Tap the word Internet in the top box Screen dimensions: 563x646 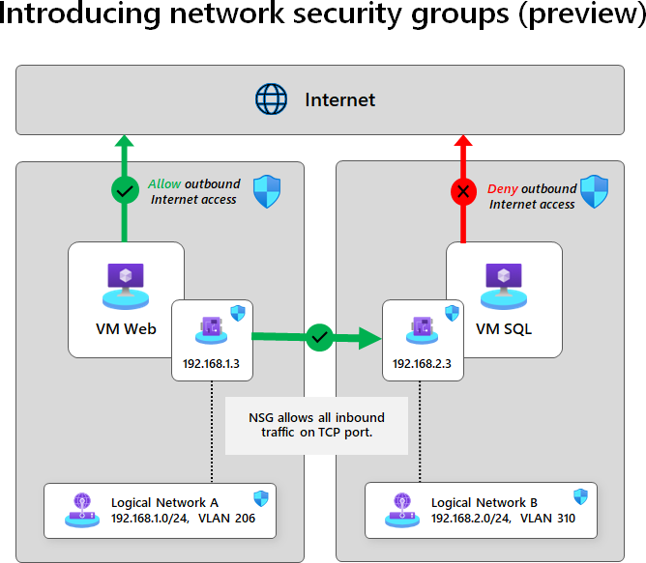click(x=339, y=99)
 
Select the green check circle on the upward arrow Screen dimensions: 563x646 click(x=124, y=190)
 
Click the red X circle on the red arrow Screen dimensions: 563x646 click(x=462, y=191)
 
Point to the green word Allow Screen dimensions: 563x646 click(x=164, y=183)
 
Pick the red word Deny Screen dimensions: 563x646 click(x=503, y=188)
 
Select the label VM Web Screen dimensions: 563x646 click(x=126, y=328)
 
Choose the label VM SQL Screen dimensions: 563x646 click(x=504, y=328)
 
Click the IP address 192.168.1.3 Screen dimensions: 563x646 click(x=211, y=364)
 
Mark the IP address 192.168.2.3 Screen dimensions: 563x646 click(x=420, y=364)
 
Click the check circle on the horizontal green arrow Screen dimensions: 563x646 click(x=319, y=338)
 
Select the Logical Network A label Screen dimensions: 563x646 click(x=164, y=502)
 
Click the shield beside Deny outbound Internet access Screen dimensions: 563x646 click(x=594, y=191)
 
